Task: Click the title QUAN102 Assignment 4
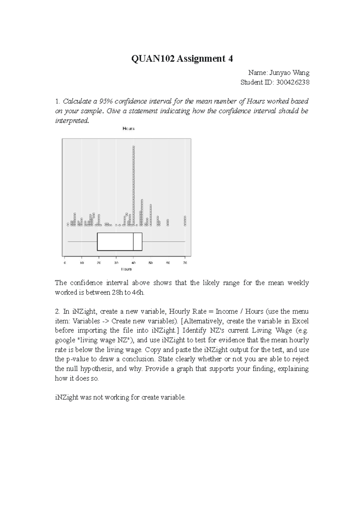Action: pos(182,59)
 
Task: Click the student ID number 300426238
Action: pos(292,82)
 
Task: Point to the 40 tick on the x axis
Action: pos(133,263)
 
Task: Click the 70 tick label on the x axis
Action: pos(185,263)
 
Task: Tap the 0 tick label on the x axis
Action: pos(65,263)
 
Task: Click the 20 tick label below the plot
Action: pos(99,263)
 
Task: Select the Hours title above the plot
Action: pos(128,129)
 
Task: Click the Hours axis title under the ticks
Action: pos(126,269)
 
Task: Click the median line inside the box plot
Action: pos(133,242)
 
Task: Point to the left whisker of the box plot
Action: pos(82,242)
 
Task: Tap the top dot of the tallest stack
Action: pos(133,147)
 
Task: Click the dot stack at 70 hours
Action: pos(185,221)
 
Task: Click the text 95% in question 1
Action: pos(106,101)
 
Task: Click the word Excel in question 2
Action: pos(300,321)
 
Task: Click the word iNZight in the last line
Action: pos(67,397)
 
